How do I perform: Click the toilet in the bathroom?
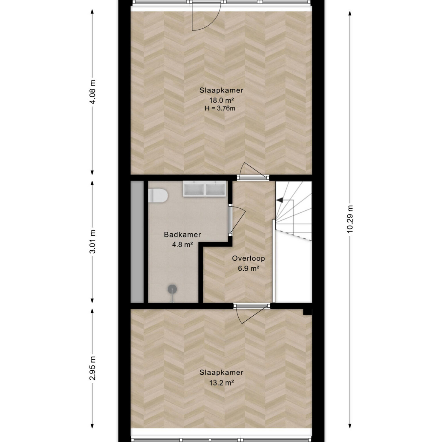[x=158, y=196]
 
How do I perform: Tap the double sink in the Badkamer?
[x=205, y=189]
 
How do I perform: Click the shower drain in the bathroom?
[x=172, y=289]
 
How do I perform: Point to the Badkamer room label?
[x=182, y=235]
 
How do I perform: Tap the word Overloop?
[x=249, y=258]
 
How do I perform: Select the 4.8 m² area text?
[x=182, y=245]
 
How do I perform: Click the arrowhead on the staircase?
[x=279, y=199]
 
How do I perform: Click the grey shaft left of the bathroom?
[x=137, y=242]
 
